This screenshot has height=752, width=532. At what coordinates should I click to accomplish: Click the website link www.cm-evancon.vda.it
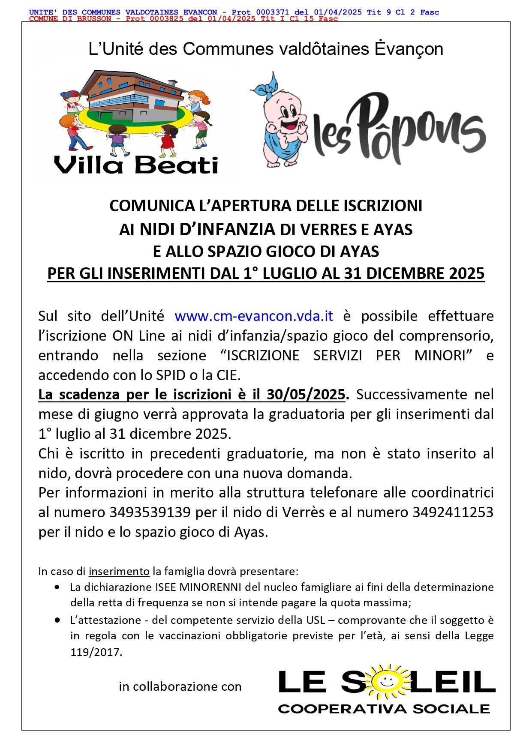click(x=254, y=316)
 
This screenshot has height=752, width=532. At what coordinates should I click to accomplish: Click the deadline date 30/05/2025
click(x=306, y=395)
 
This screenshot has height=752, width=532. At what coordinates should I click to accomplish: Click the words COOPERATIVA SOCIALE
click(x=384, y=709)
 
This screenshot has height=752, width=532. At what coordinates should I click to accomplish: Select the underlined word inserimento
click(x=119, y=572)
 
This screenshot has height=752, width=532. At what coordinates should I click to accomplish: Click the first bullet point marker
click(x=57, y=587)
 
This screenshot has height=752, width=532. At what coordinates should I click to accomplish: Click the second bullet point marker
click(x=57, y=620)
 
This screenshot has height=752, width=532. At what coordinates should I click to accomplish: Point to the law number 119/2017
click(x=96, y=652)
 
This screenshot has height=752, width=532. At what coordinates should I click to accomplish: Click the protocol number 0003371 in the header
click(x=273, y=12)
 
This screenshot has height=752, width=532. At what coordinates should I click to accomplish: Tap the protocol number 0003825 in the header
click(x=166, y=19)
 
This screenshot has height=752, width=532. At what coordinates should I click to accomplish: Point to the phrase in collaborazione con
click(x=180, y=687)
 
